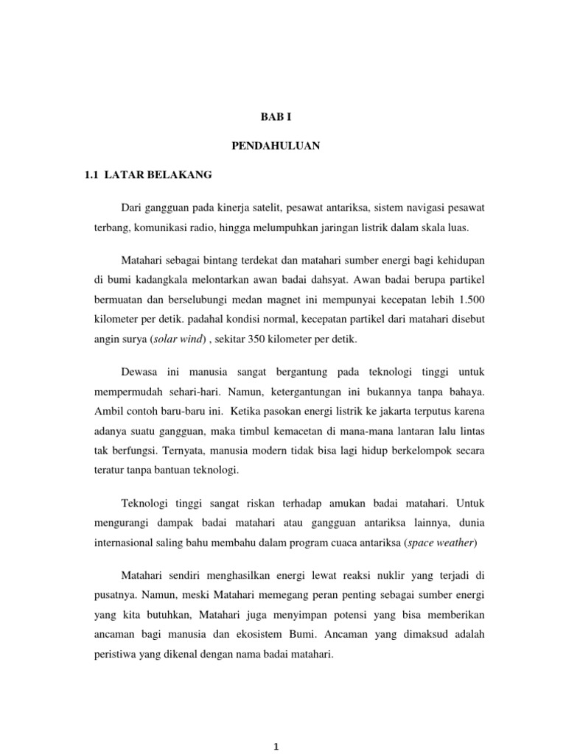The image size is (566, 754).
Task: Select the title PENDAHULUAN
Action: click(276, 146)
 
